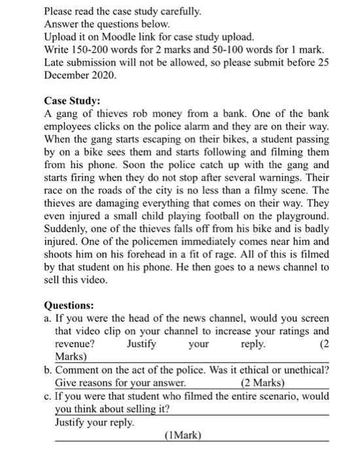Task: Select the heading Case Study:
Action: coord(72,101)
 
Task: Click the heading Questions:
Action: coord(69,306)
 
